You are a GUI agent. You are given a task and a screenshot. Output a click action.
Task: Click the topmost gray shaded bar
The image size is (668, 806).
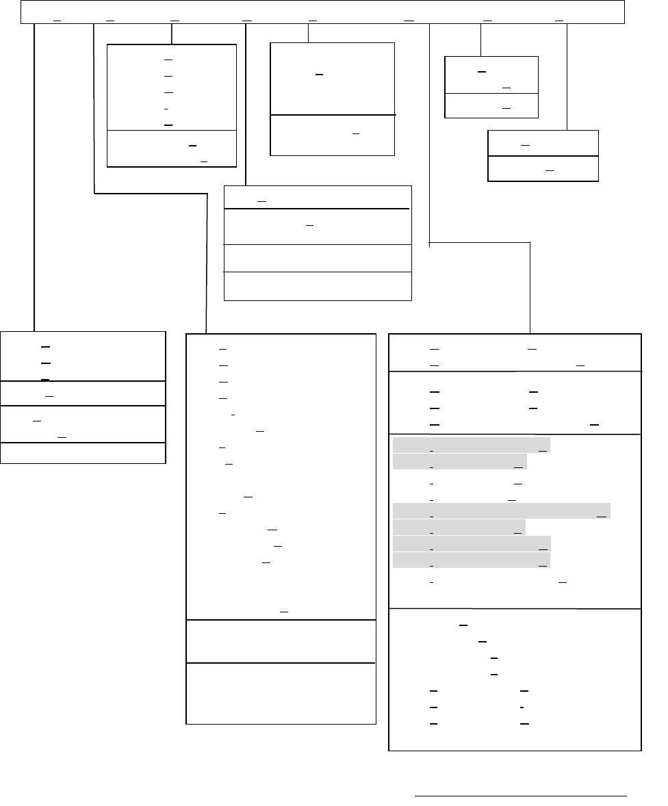tap(472, 446)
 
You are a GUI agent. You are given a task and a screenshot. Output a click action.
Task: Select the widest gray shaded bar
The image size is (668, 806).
tap(501, 511)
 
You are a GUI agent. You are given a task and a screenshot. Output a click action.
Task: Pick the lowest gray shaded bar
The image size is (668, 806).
tap(472, 561)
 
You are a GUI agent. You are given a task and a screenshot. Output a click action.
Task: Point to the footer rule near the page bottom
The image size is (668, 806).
tap(521, 796)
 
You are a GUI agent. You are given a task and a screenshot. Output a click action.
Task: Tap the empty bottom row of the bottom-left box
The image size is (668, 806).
tap(83, 454)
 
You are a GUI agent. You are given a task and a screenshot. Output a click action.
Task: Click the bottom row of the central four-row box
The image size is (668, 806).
tap(318, 286)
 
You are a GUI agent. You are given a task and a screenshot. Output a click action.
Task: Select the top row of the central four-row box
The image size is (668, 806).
tap(318, 197)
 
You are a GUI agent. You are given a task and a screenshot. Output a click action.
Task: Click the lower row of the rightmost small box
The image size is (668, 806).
tap(543, 169)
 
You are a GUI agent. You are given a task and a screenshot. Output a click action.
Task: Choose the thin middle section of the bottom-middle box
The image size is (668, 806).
tap(281, 641)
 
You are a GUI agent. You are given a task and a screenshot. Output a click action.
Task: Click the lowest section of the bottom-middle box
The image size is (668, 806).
tap(281, 692)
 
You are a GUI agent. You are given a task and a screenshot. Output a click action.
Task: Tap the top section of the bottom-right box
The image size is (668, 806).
tap(515, 352)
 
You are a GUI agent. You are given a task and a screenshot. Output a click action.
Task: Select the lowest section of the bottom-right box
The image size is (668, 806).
tap(515, 679)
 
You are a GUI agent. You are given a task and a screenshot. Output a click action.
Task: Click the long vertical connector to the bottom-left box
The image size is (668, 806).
tap(34, 178)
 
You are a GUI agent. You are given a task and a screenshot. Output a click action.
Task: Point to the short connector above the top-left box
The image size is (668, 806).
tap(171, 34)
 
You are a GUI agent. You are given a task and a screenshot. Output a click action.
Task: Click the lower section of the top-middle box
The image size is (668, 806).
tap(333, 135)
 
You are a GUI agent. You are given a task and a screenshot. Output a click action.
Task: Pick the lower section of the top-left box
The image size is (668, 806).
tap(172, 148)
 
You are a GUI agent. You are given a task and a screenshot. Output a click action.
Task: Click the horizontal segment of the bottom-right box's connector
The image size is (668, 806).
tap(480, 242)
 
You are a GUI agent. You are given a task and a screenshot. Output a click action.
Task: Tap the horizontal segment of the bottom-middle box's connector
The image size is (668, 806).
tap(151, 194)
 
